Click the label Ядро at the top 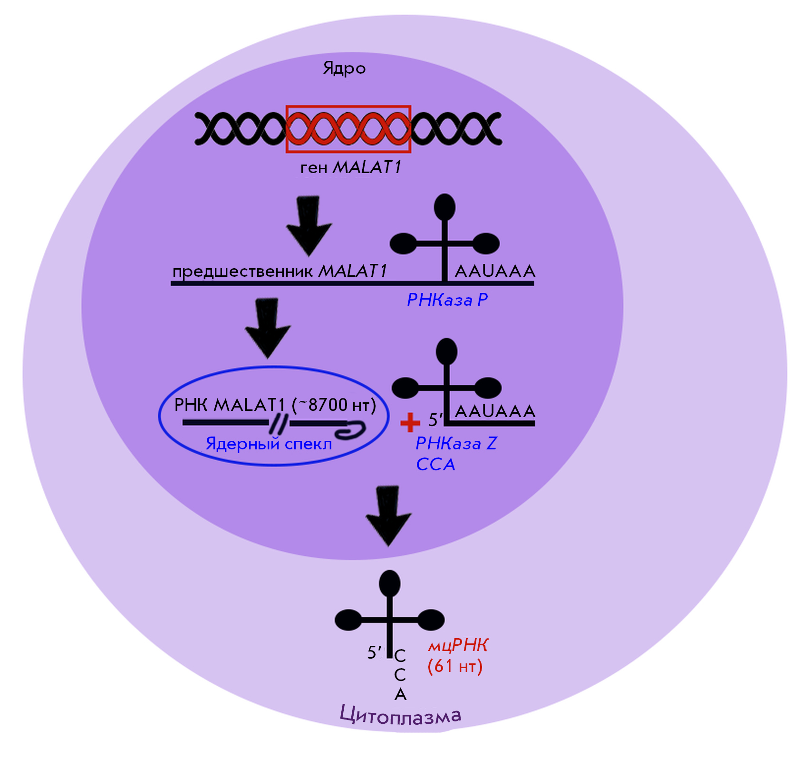coord(344,68)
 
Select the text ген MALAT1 coord(351,167)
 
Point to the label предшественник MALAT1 coord(280,271)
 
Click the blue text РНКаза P coord(447,300)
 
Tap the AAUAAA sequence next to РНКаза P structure coord(495,271)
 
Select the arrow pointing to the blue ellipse coord(268,328)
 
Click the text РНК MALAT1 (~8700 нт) coord(275,405)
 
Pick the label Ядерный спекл coord(269,443)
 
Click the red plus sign coord(410,422)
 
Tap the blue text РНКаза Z coord(456,443)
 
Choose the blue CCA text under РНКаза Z coord(435,464)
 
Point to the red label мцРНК coord(458,645)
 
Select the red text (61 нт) coord(455,666)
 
